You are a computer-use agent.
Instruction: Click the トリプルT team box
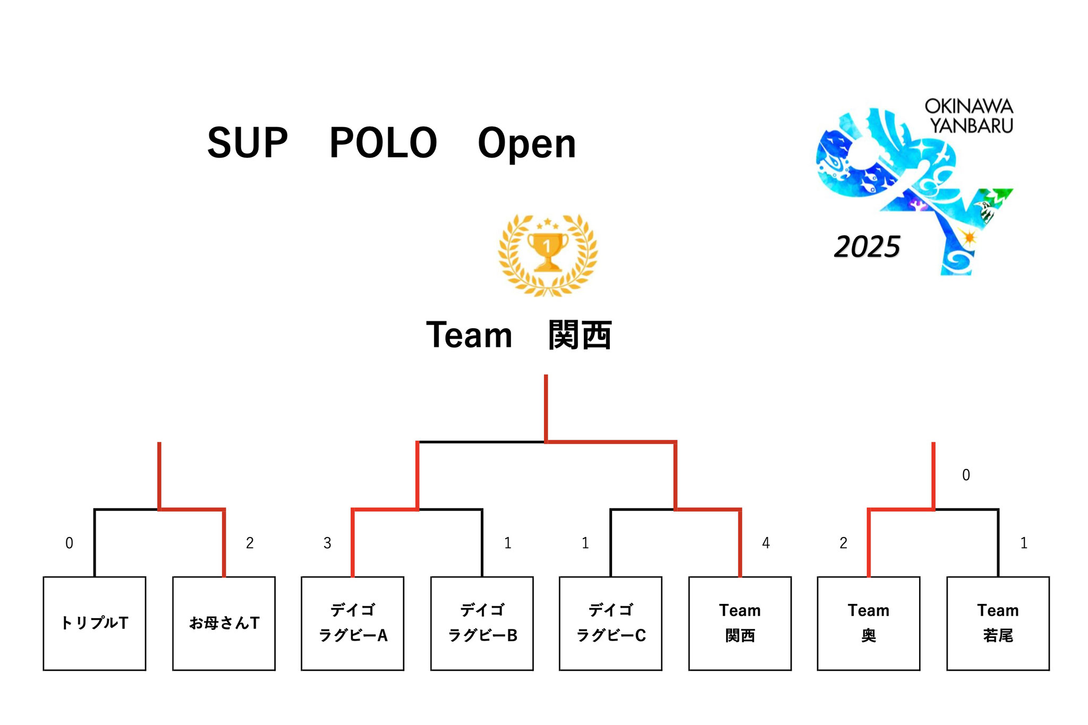[95, 624]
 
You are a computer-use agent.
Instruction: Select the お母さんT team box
[224, 624]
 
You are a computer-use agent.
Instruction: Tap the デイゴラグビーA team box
[353, 624]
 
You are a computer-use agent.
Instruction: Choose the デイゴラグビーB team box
[482, 624]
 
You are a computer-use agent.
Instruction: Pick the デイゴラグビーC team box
[611, 624]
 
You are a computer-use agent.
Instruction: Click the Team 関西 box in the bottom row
[740, 624]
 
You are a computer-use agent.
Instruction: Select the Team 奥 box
[869, 624]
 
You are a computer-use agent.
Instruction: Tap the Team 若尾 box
[998, 624]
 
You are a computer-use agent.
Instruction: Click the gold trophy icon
[548, 254]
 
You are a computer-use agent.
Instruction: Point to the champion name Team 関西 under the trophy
[519, 335]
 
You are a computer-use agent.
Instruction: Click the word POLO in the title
[383, 143]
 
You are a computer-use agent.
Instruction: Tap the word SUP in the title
[248, 143]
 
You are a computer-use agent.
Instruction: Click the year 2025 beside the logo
[867, 247]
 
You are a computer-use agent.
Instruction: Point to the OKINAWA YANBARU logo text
[970, 116]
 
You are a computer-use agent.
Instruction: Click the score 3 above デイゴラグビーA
[327, 543]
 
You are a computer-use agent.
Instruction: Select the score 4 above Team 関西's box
[766, 543]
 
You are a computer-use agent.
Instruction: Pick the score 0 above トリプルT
[69, 543]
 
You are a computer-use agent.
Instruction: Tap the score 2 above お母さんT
[250, 543]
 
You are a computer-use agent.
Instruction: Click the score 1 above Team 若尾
[1024, 543]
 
